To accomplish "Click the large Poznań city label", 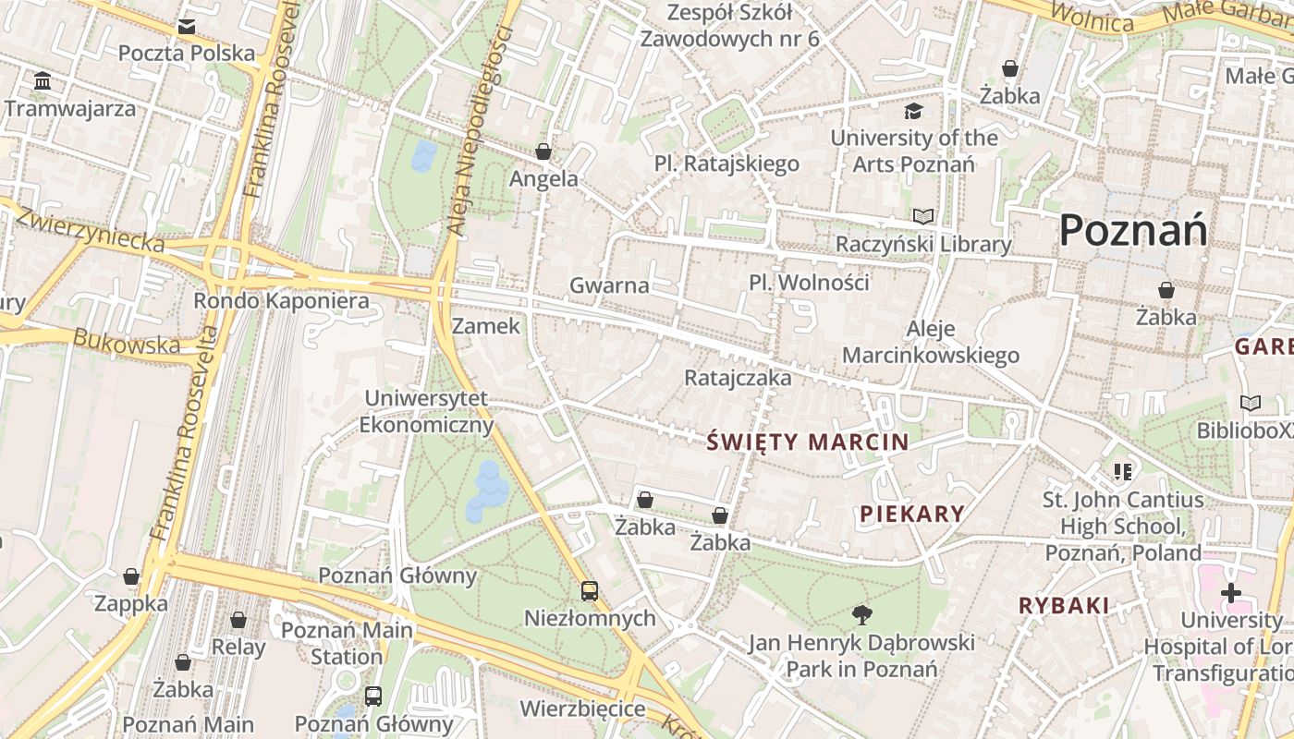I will coord(1133,229).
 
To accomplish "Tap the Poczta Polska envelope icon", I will coord(187,27).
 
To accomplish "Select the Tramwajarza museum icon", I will coord(43,82).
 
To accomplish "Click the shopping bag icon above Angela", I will coord(543,151).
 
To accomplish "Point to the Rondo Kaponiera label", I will coord(281,300).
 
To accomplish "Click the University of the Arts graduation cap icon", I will coord(913,112).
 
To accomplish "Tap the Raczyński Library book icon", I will coord(923,216).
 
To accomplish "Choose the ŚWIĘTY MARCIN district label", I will coord(808,442).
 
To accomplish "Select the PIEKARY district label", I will coord(912,514).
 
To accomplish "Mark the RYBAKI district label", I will coord(1064,606).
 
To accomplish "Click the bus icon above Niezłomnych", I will coord(590,590).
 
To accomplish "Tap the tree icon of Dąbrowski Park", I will coord(861,614).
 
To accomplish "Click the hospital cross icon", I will coord(1230,593).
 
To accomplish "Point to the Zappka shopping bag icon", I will coord(131,577).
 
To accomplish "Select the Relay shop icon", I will coord(238,620).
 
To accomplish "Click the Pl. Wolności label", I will coord(809,282).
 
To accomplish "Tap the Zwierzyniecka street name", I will coord(91,230).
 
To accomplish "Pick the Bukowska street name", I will coord(127,342).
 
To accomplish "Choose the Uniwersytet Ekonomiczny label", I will coord(426,412).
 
